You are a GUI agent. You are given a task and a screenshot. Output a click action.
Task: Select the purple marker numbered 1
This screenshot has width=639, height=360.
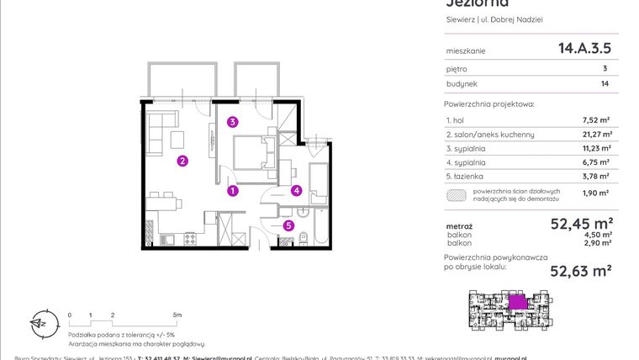tap(233, 191)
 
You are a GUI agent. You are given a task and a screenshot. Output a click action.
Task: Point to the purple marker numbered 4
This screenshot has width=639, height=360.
tap(296, 191)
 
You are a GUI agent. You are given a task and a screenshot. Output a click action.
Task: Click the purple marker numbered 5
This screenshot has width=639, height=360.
tap(288, 225)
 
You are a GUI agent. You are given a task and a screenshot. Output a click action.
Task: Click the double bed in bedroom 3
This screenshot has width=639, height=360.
tap(250, 157)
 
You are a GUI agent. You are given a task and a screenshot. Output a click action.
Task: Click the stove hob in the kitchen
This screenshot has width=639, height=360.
tap(190, 239)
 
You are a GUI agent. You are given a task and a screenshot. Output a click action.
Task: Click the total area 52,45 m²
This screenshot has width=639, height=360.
tap(580, 224)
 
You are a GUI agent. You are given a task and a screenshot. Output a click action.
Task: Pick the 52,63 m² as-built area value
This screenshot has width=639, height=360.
tap(580, 270)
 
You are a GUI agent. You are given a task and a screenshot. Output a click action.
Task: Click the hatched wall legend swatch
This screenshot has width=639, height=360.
tap(456, 195)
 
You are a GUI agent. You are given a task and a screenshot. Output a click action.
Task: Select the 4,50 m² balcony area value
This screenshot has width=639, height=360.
tap(599, 235)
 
